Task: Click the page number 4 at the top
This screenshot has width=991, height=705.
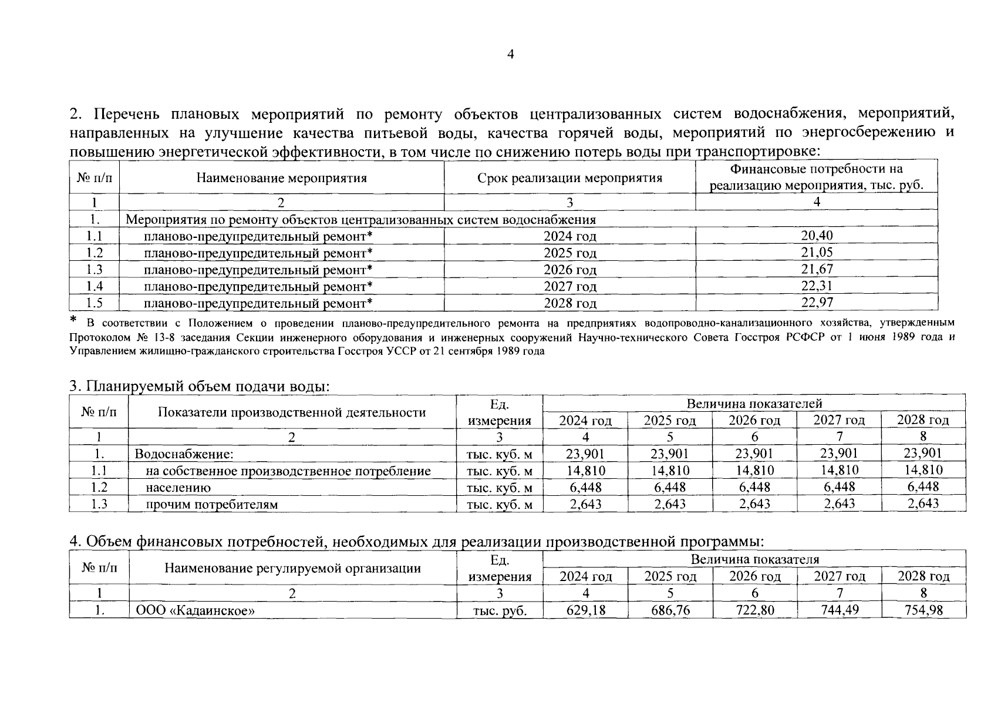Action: pos(510,55)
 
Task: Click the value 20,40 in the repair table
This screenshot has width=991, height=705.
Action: pos(816,236)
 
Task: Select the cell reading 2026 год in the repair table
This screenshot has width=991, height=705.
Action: pos(569,270)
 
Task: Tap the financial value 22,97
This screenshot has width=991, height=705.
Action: pos(816,303)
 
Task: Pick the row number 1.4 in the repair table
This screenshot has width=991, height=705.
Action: pos(95,286)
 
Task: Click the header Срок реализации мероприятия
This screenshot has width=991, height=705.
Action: pos(569,177)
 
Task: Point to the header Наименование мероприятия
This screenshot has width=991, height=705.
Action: pos(281,177)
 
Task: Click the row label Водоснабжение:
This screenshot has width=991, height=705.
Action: pos(184,454)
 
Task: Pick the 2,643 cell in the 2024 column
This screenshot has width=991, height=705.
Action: pos(585,503)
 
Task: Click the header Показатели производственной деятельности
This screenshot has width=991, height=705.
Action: pos(292,412)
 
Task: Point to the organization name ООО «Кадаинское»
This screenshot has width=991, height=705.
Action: pos(195,610)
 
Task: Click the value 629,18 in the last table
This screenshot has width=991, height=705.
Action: pos(585,610)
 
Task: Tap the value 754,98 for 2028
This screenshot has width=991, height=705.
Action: pos(923,610)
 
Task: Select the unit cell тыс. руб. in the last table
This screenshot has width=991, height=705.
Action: pos(500,610)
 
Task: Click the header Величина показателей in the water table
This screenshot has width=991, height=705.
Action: pos(754,404)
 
